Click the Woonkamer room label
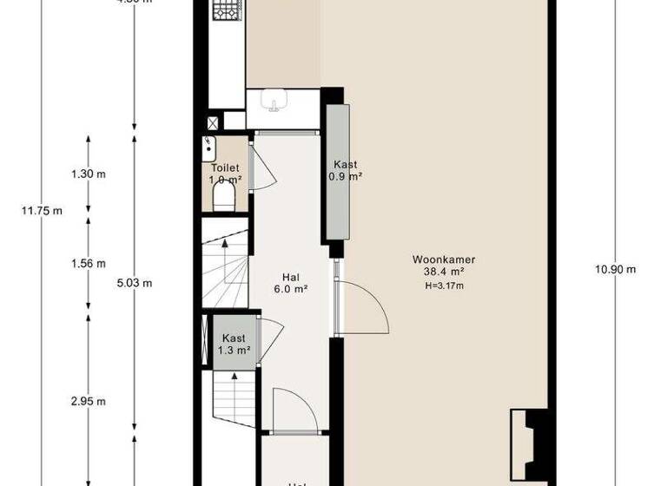pos(444,259)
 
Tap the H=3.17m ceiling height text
pos(444,286)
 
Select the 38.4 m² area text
pos(444,272)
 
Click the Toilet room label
pos(225,167)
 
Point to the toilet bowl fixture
pos(223,200)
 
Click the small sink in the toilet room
pos(208,144)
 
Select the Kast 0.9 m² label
pos(345,170)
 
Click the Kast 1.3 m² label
pos(233,345)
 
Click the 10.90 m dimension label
pos(616,268)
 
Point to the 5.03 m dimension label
pos(134,282)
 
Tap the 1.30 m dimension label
pos(89,174)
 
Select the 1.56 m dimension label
pos(89,264)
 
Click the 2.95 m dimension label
pos(89,401)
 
